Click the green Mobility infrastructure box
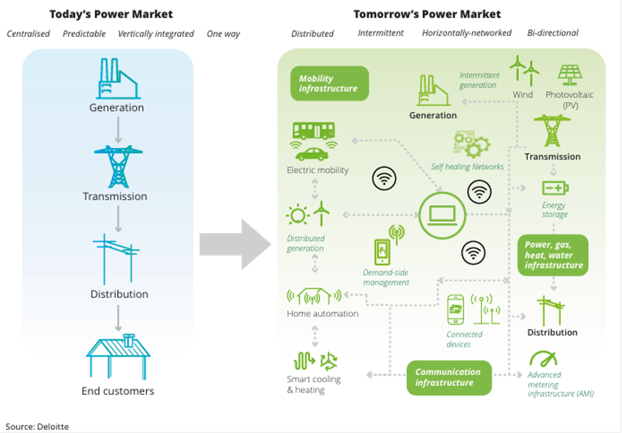(329, 84)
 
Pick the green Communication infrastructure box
(448, 377)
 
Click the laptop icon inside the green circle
(442, 215)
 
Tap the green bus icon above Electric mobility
(313, 131)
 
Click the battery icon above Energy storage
(555, 188)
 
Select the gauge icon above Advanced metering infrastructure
(542, 359)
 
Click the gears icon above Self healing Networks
(472, 146)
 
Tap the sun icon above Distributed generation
(297, 215)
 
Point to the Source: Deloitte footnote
(37, 426)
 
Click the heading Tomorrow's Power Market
(427, 14)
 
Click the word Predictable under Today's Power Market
(84, 34)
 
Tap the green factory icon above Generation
(433, 91)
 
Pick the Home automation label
(322, 314)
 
